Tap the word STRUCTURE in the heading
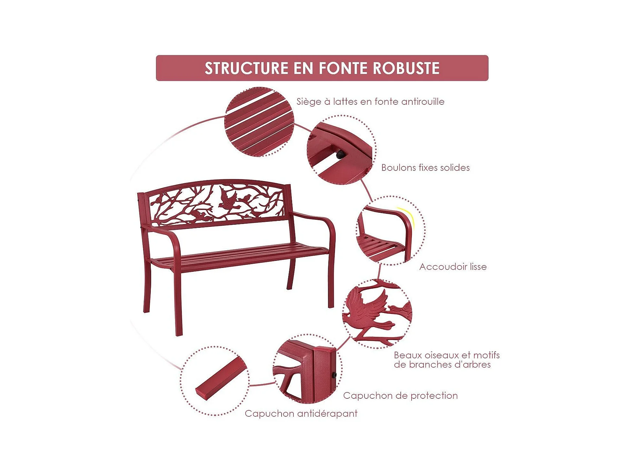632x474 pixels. point(246,68)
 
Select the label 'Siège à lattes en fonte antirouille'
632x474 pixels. point(370,102)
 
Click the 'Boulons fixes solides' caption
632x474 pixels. point(425,167)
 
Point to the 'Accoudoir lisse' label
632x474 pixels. point(453,267)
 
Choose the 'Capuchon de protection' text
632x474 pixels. point(400,396)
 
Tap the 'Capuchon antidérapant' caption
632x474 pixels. point(301,414)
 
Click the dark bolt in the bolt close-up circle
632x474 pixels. point(340,154)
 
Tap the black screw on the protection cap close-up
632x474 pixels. point(334,375)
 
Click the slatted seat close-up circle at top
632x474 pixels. point(259,122)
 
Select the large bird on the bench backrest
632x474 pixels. point(228,198)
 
